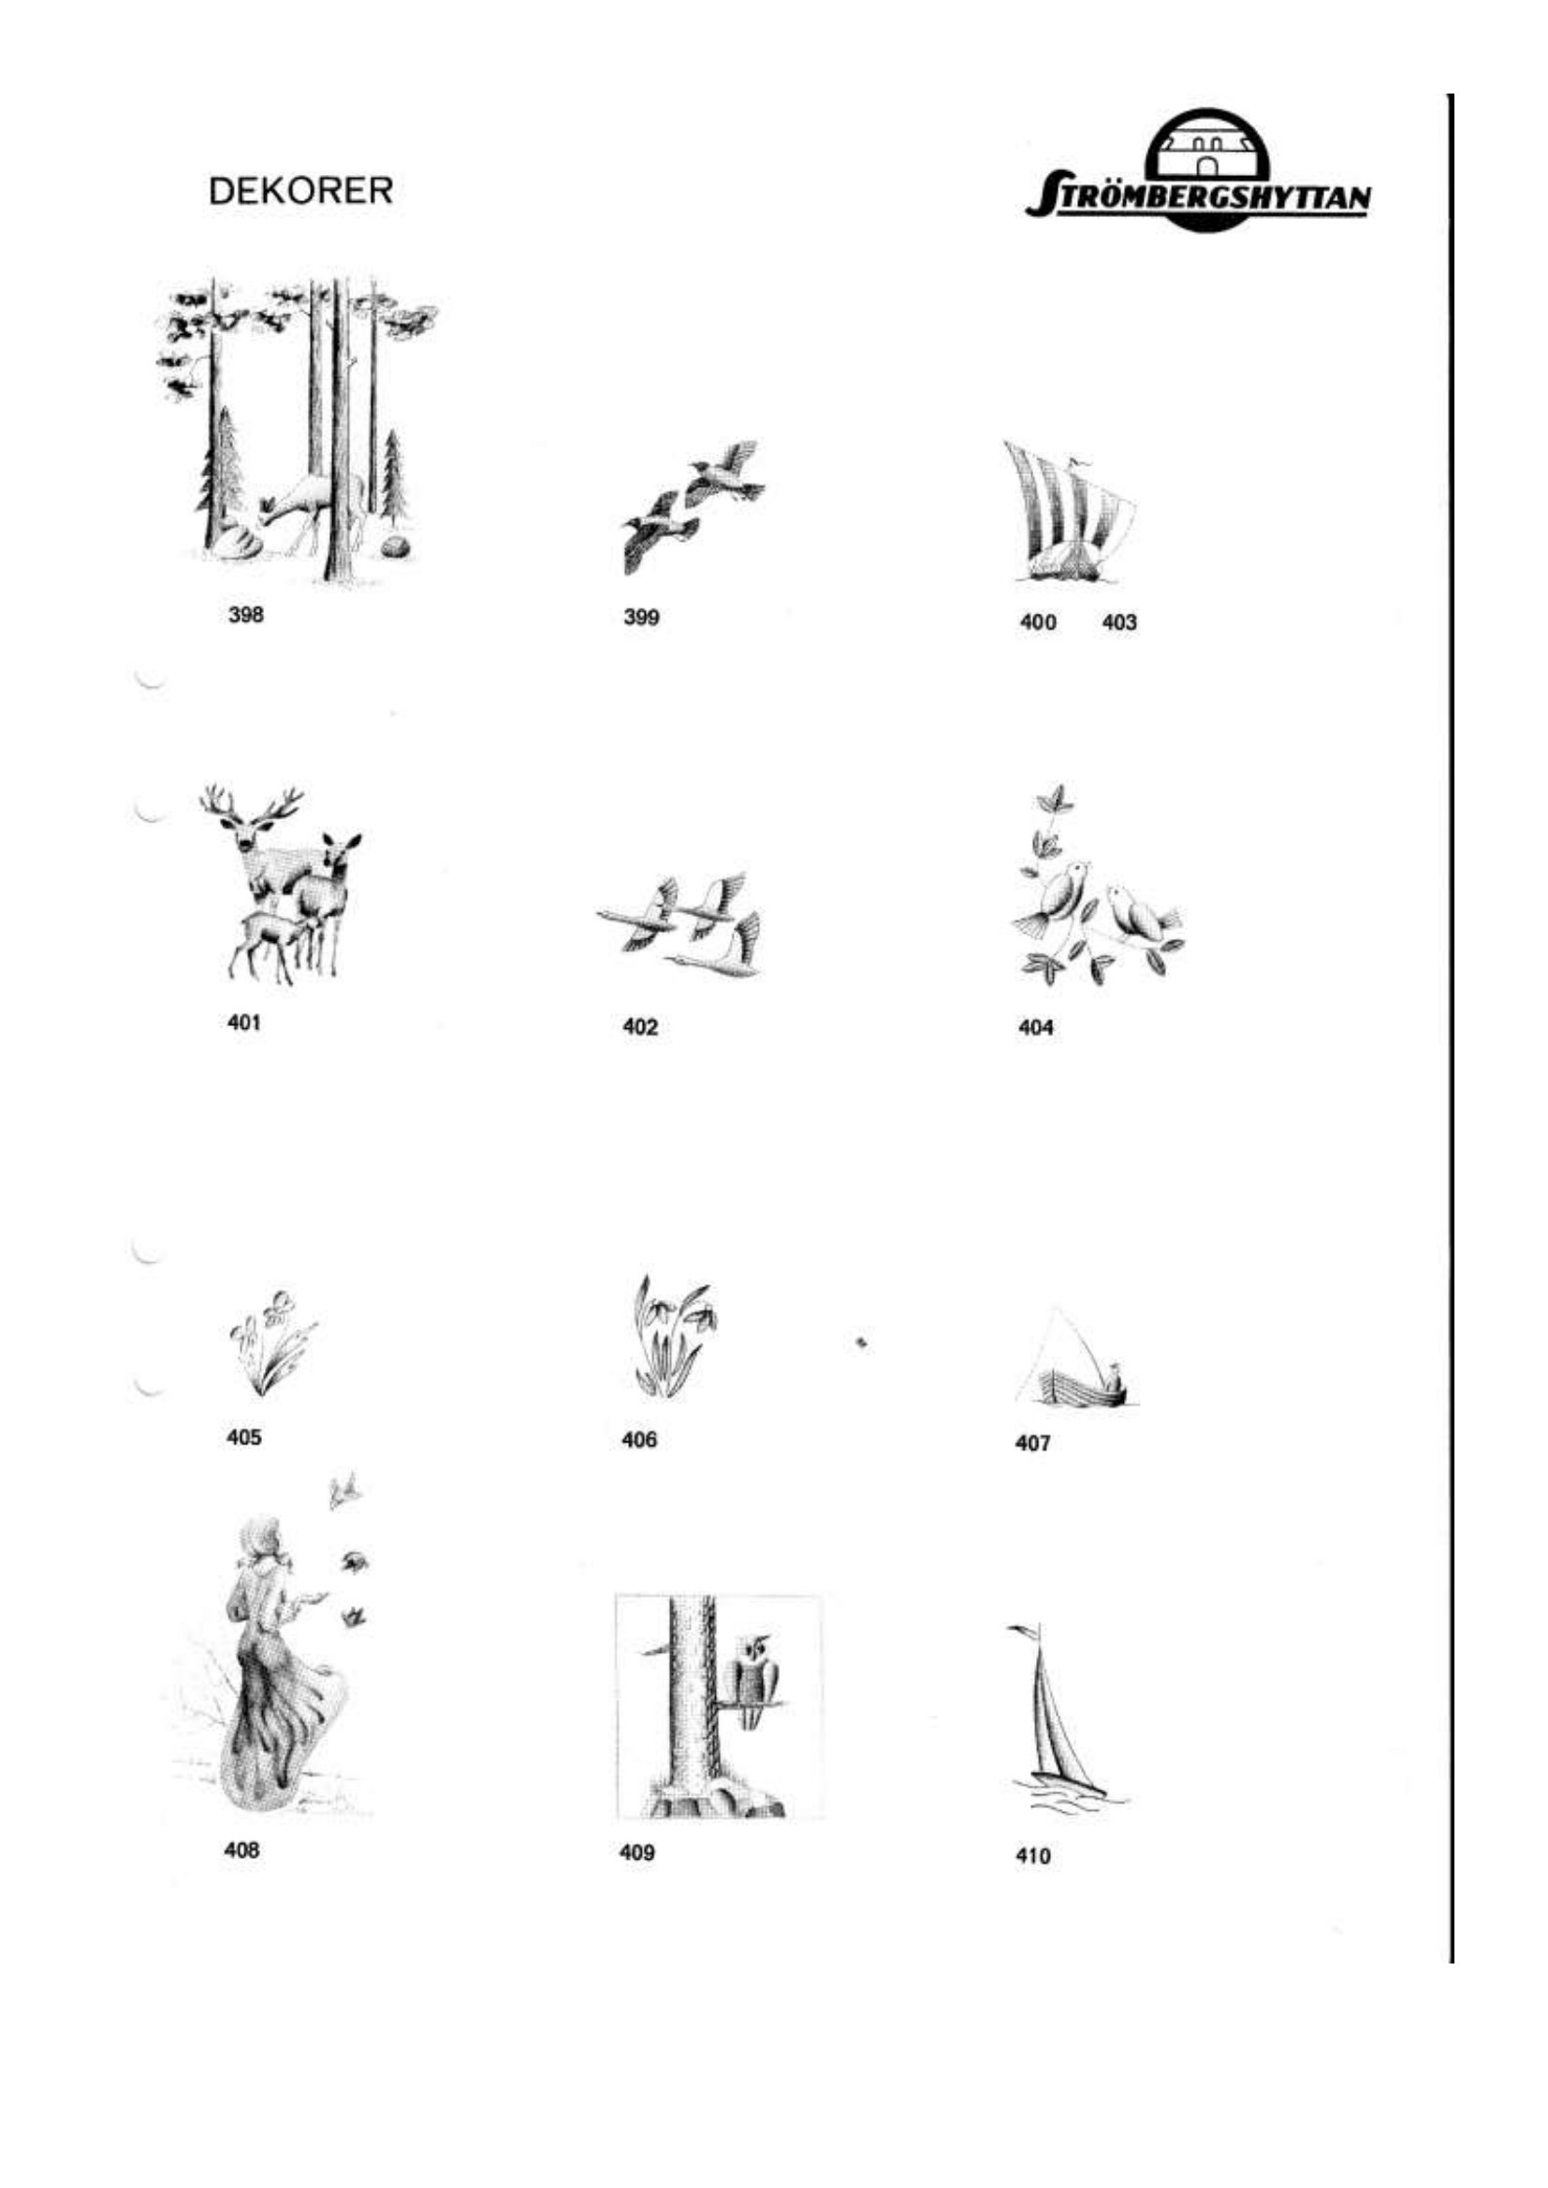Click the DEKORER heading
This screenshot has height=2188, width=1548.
300,191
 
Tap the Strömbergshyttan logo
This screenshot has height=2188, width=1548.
1199,170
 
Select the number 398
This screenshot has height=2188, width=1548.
246,615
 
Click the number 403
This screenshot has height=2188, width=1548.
1119,622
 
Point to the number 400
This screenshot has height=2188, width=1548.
1038,622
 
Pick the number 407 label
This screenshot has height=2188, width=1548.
1032,1442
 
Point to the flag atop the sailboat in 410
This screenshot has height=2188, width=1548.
1022,1629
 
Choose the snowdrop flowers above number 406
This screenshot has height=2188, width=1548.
676,1335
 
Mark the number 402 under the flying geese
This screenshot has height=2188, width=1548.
639,1027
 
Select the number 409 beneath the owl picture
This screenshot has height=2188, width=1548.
636,1852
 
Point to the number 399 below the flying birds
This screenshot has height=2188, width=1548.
641,617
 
